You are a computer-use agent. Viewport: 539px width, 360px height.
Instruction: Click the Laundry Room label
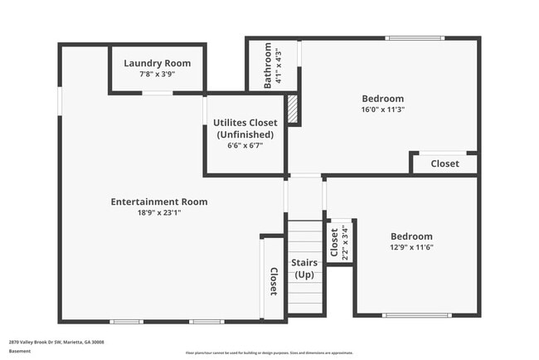(x=158, y=63)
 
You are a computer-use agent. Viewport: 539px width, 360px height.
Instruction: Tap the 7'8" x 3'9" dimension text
(x=158, y=74)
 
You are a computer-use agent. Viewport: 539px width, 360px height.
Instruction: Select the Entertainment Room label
(x=159, y=202)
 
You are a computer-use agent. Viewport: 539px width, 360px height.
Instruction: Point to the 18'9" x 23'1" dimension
(x=159, y=212)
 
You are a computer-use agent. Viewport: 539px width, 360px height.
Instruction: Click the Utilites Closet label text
(x=245, y=123)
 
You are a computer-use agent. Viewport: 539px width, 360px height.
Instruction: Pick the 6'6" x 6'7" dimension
(x=245, y=145)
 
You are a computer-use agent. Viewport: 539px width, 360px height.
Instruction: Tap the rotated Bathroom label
(x=268, y=66)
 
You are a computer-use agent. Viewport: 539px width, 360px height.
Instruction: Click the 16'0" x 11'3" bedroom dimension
(x=382, y=109)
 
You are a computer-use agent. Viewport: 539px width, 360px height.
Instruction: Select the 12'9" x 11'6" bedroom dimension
(x=411, y=247)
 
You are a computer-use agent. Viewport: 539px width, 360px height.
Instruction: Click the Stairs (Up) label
(x=303, y=269)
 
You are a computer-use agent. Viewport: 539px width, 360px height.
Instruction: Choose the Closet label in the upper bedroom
(x=444, y=163)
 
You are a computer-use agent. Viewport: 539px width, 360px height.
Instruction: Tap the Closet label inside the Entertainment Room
(x=273, y=280)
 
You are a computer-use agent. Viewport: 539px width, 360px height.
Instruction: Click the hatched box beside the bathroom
(x=292, y=108)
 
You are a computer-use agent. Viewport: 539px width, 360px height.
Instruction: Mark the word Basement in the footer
(x=21, y=351)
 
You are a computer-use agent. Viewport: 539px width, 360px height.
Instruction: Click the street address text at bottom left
(x=56, y=342)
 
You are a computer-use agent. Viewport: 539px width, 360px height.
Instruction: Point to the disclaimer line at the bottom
(x=269, y=353)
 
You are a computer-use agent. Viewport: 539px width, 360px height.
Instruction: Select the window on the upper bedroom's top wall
(x=408, y=38)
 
